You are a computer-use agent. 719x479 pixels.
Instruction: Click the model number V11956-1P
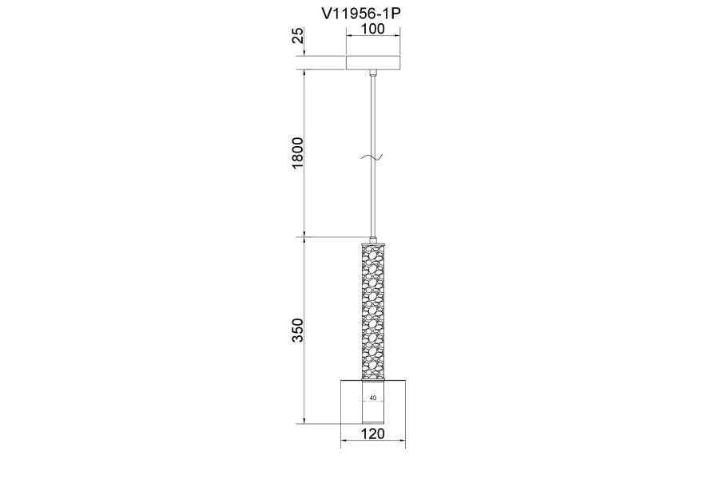[361, 14]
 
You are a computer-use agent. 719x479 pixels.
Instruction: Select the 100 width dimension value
[373, 29]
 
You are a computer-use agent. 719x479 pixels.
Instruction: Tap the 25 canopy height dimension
[298, 35]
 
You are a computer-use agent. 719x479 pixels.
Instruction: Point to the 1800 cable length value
[298, 152]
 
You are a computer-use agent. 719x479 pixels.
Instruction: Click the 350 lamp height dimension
[298, 330]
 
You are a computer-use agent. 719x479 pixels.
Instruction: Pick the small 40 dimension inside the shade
[373, 398]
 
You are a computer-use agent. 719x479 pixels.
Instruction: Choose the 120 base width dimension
[373, 433]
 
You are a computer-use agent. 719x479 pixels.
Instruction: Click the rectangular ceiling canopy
[373, 63]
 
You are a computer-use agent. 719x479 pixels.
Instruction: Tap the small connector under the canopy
[373, 73]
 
